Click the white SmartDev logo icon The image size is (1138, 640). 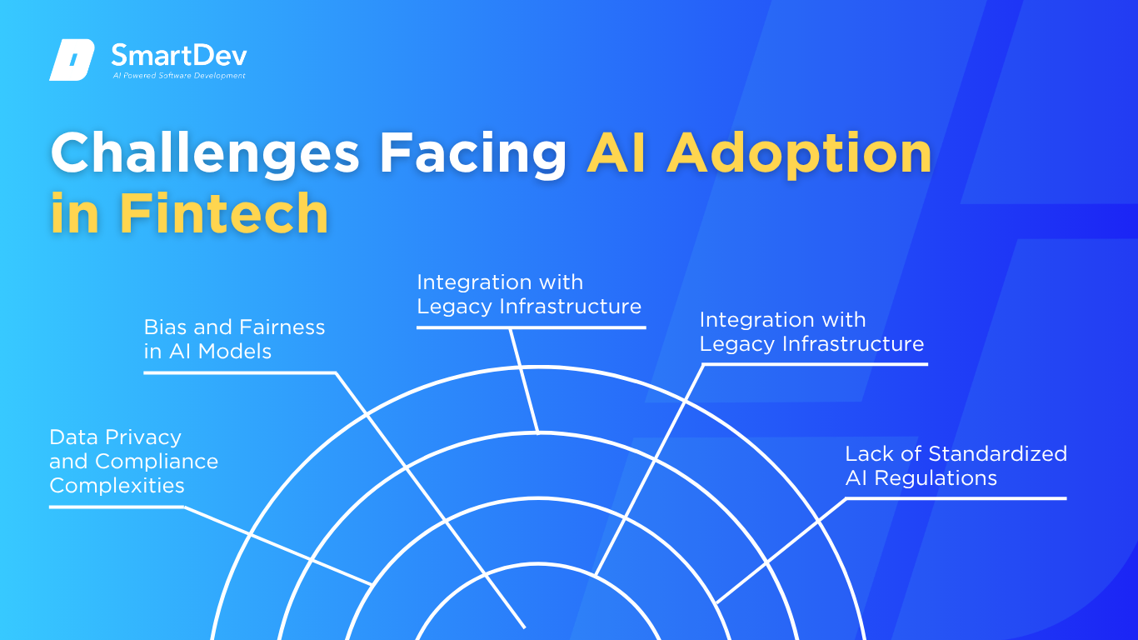point(72,60)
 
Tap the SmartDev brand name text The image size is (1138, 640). point(179,55)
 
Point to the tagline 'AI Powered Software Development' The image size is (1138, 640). point(179,76)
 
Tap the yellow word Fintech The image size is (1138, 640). point(224,213)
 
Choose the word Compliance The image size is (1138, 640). point(157,462)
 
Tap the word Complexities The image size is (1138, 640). point(117,486)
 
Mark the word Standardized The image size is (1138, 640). point(997,454)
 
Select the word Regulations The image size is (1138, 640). point(936,478)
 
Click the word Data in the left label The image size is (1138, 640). point(74,437)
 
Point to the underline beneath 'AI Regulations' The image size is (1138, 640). point(956,498)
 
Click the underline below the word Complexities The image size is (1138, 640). point(117,507)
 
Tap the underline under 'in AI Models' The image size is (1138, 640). point(240,372)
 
